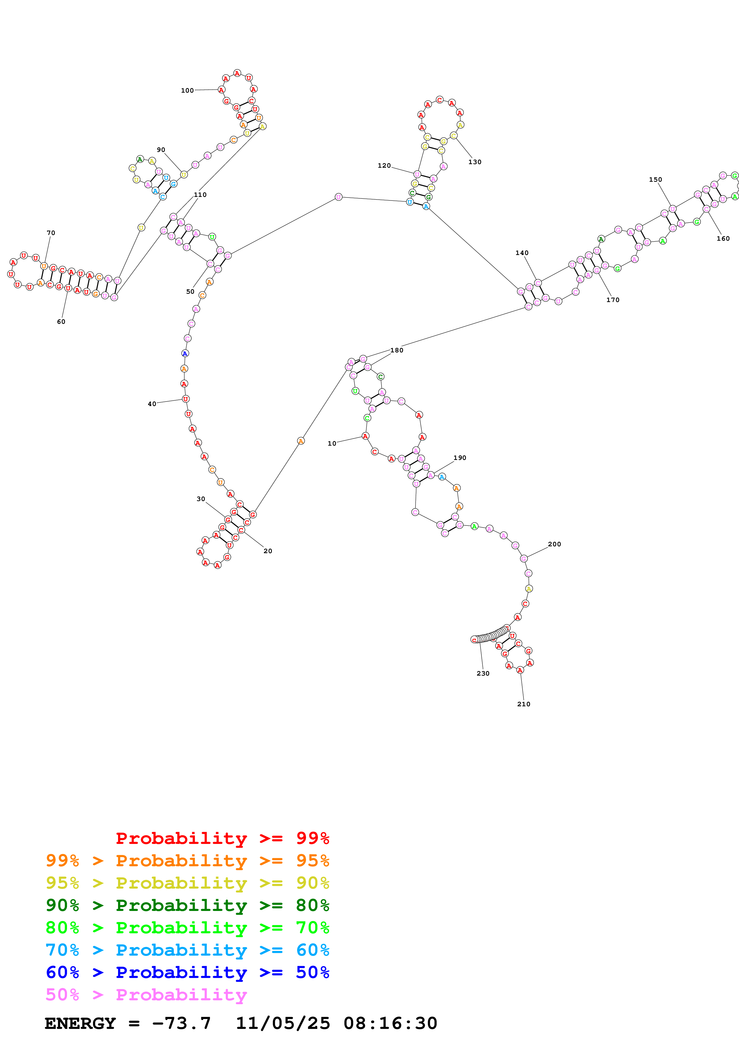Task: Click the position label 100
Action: pos(187,91)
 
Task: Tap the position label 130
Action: pos(475,162)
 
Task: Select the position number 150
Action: pos(655,180)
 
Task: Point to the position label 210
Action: pos(524,704)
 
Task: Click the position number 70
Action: pos(51,233)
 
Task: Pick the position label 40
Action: pos(152,404)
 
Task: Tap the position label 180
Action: pos(396,350)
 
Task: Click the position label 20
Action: pos(268,551)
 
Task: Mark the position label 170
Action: pos(613,300)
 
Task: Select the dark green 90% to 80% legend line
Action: pos(187,905)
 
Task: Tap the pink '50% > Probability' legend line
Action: pos(146,995)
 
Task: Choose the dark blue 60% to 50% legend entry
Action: pos(187,972)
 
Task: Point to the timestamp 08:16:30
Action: pos(390,1024)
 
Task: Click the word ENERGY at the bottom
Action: pos(80,1024)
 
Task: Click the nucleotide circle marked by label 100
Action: pos(221,90)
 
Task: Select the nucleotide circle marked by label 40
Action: pos(185,399)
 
